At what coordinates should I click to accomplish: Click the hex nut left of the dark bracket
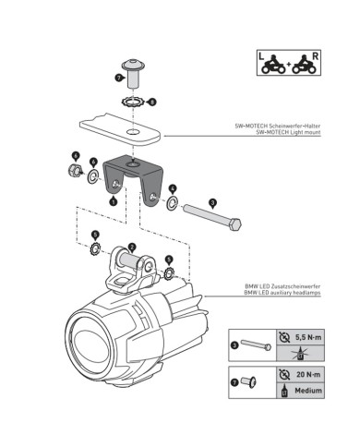click(74, 170)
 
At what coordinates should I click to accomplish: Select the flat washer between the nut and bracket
click(93, 176)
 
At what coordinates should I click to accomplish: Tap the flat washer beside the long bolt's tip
click(173, 203)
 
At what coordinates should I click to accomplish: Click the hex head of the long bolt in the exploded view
click(235, 223)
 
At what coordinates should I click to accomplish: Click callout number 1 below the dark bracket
click(114, 201)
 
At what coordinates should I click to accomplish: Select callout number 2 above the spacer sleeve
click(132, 247)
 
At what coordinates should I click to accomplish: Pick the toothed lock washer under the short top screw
click(132, 102)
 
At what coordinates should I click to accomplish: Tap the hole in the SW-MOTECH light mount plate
click(133, 132)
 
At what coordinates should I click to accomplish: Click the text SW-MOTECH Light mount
click(288, 132)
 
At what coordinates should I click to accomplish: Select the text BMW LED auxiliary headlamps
click(282, 293)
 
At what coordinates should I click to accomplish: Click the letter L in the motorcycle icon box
click(261, 56)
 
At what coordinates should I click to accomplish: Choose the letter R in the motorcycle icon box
click(315, 56)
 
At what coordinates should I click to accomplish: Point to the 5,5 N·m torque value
click(308, 337)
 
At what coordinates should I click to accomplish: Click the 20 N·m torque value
click(308, 374)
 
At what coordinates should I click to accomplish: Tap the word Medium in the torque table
click(308, 391)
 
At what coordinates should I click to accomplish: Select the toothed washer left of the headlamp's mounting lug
click(95, 248)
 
